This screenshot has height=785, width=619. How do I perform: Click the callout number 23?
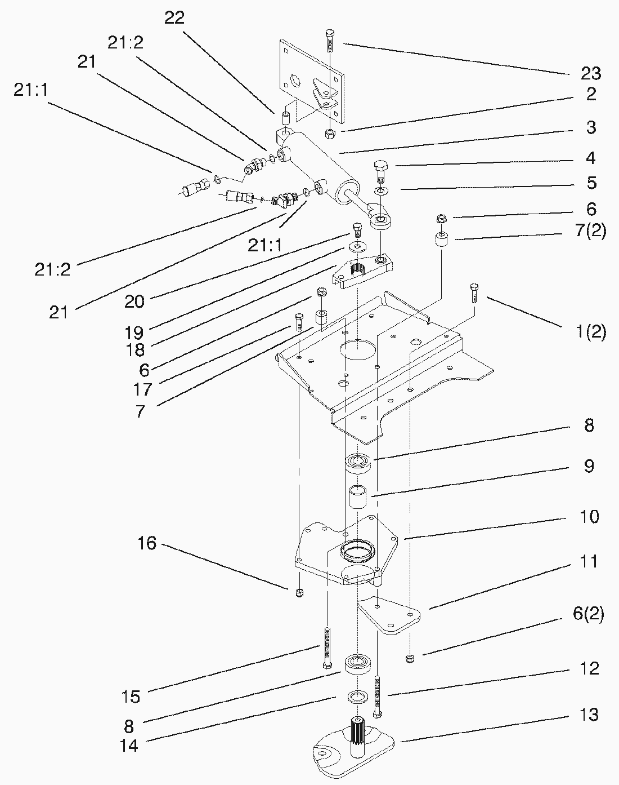[x=591, y=73]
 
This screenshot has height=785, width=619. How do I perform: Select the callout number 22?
[x=174, y=17]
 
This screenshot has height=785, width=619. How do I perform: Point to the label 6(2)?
[x=588, y=614]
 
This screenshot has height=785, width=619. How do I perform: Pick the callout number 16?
[x=147, y=544]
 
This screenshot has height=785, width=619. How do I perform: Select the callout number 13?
[x=589, y=715]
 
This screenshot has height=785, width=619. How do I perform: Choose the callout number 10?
[x=589, y=516]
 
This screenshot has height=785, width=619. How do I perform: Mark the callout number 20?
[x=134, y=301]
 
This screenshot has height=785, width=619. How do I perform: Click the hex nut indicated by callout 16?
[x=299, y=592]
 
